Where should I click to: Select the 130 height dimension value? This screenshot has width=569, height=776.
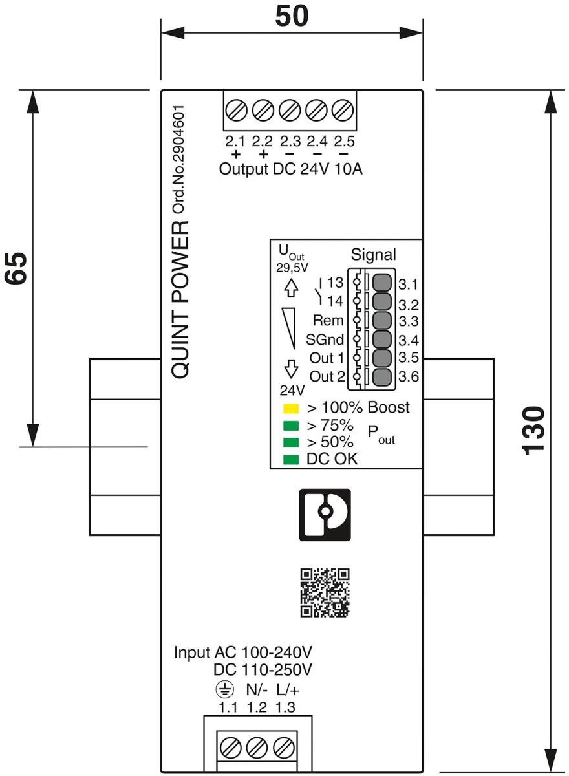tap(536, 431)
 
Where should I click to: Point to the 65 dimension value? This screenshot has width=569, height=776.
tap(17, 267)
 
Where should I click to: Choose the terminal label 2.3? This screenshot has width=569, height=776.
tap(290, 141)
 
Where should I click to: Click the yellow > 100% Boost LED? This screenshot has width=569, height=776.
tap(291, 409)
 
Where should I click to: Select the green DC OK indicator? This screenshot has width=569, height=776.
tap(291, 460)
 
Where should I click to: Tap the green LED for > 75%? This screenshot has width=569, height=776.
tap(291, 426)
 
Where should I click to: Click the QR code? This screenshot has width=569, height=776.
tap(325, 592)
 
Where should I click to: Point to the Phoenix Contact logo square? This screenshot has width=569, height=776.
tap(325, 514)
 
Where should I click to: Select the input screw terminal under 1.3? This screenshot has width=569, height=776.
tap(281, 748)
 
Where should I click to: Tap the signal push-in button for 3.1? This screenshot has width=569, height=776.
tap(382, 283)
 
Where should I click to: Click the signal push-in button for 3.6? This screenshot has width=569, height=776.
tap(382, 377)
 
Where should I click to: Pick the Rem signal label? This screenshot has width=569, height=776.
tap(328, 320)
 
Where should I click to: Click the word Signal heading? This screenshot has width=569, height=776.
tap(373, 254)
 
